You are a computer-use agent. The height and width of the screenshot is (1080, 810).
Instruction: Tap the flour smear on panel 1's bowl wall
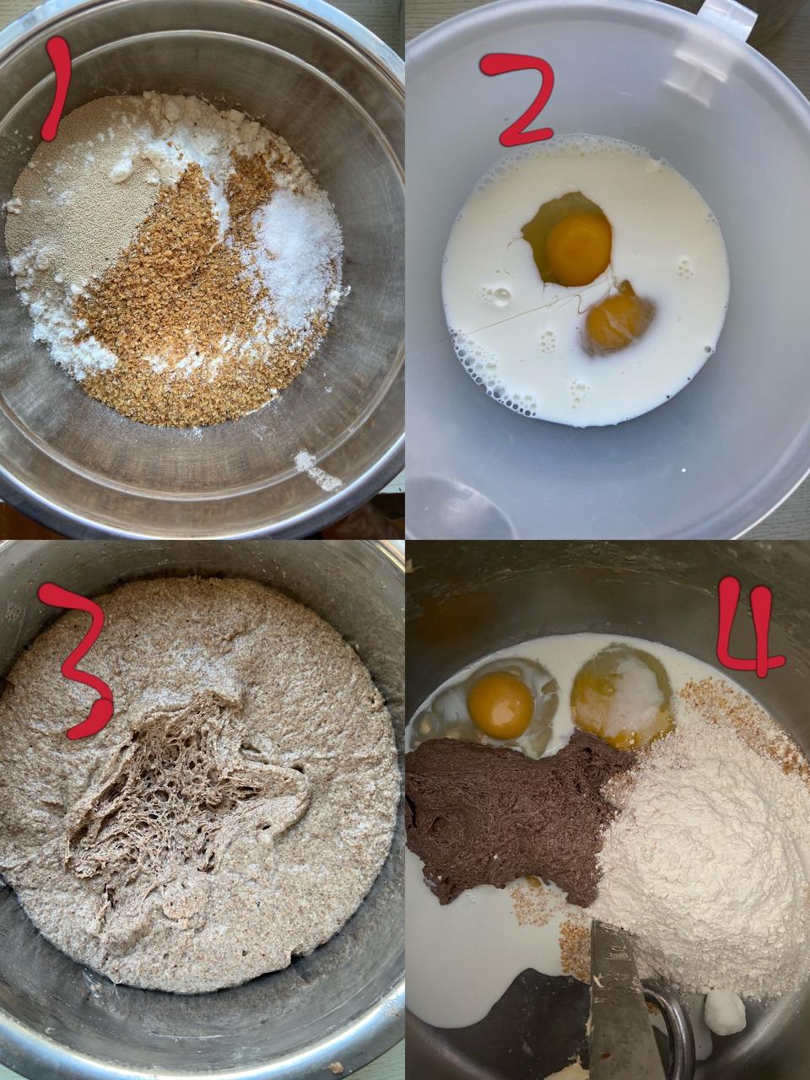(317, 470)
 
